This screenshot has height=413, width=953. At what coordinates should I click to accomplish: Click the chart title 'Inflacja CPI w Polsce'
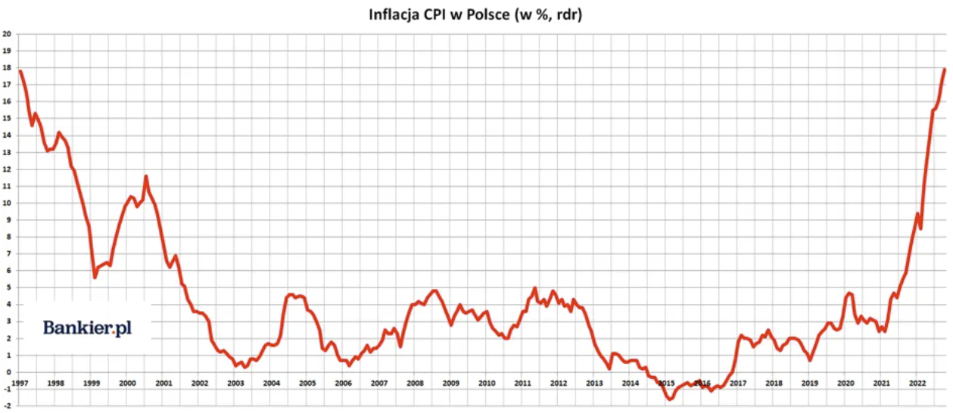pos(475,15)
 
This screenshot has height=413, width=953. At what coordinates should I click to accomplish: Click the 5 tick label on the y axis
pos(7,287)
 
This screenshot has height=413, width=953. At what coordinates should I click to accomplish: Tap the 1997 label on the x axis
pos(20,383)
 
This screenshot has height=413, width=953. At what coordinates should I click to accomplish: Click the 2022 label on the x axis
pos(915,383)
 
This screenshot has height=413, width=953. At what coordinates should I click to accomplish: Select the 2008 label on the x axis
pos(415,383)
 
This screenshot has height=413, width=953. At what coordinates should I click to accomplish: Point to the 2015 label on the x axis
pos(666,383)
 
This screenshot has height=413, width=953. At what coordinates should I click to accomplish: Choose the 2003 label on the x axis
pos(235,383)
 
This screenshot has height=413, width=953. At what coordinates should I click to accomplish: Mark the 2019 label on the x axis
pos(809,383)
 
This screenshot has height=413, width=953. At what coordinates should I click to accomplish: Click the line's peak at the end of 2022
pos(944,70)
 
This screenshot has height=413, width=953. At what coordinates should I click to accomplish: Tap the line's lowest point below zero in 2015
pos(670,399)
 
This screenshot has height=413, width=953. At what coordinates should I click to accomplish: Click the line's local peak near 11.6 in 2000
pos(146,177)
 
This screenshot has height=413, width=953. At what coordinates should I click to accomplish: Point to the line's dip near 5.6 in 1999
pos(95,277)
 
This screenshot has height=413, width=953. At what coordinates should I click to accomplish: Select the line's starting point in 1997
pos(20,71)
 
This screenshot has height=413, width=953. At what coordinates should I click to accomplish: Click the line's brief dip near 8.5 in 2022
pos(920,228)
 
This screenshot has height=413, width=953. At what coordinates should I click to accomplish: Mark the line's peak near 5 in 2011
pos(534,288)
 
